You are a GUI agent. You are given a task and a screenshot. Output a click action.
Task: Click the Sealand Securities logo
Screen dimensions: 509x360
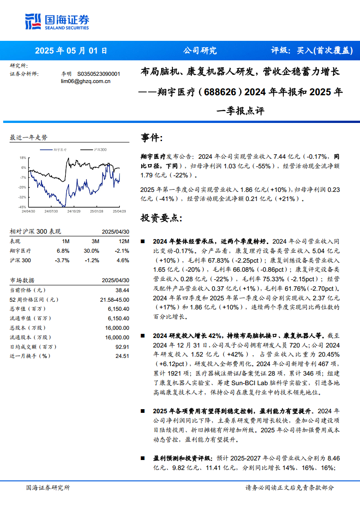tap(57, 21)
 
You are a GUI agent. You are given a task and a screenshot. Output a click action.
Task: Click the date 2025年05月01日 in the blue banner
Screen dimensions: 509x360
tap(71, 51)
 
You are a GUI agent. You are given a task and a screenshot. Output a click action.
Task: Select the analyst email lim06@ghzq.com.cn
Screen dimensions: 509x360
tap(86, 81)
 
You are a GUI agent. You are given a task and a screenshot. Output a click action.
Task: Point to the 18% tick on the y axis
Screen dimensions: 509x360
tap(23, 158)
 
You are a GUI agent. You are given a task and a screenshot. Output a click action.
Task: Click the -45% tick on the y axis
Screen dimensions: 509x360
tap(23, 207)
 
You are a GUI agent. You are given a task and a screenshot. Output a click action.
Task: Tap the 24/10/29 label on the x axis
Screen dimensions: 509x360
tap(73, 211)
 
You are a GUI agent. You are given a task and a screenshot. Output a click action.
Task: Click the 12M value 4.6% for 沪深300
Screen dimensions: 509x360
tap(123, 260)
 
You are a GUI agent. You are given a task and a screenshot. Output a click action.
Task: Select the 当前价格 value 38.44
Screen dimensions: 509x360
tap(122, 290)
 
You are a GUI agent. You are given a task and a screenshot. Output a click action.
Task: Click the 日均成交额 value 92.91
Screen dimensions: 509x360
tap(123, 347)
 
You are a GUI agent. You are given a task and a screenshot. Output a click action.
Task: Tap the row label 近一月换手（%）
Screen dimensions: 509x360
tap(29, 356)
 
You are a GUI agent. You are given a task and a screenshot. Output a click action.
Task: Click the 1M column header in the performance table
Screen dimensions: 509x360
tap(65, 241)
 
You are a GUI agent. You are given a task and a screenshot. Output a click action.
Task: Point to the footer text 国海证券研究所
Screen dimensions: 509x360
tap(48, 488)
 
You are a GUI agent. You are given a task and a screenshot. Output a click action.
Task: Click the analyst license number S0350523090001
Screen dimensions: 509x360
tap(99, 73)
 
